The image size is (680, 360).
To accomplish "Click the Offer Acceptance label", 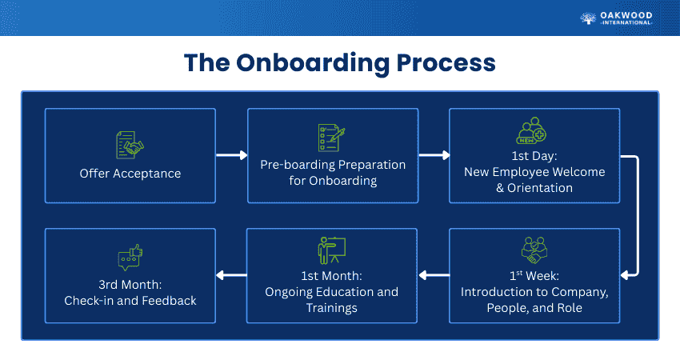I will (130, 174).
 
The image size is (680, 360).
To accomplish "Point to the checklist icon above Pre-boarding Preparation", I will (332, 138).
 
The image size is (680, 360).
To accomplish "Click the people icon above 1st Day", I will (534, 132).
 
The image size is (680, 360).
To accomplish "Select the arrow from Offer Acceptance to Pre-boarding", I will (231, 155).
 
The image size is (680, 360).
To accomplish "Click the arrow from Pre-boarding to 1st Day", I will (434, 155).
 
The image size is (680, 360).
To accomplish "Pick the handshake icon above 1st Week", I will (534, 250).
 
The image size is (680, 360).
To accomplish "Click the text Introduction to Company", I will (534, 292).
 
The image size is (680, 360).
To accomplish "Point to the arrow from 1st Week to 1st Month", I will (434, 276).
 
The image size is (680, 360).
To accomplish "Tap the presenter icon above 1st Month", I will (331, 249).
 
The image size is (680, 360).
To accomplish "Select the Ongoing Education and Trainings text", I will (332, 299).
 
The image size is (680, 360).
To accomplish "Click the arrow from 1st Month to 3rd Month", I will (231, 276).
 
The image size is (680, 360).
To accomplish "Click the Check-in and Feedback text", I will (130, 301).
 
